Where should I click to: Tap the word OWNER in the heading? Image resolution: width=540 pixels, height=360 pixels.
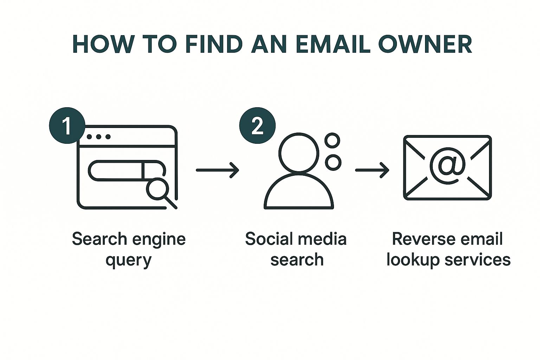425,44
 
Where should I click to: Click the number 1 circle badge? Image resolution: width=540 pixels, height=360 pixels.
67,126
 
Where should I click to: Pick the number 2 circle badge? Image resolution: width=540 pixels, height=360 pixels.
257,126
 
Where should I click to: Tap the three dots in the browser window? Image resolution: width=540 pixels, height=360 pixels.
98,136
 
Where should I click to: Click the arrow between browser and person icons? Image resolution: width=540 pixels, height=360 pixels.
217,170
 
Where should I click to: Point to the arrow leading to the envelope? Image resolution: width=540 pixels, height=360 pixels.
372,170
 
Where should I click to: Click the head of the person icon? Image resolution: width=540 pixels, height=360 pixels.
299,153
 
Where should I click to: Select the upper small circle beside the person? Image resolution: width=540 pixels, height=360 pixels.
332,141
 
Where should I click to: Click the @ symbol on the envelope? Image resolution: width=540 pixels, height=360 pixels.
448,165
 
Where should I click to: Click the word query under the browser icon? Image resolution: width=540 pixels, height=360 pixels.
128,261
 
